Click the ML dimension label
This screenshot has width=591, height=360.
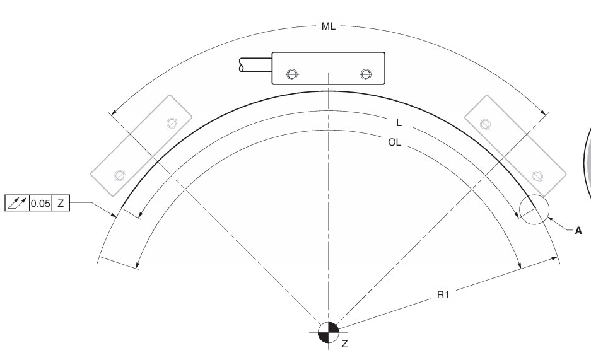[x=328, y=26]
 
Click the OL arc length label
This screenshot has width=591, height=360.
[x=395, y=142]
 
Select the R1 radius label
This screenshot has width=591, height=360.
[x=443, y=294]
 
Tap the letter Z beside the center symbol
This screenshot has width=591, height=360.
[x=344, y=344]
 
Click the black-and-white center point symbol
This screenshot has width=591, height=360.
[x=328, y=332]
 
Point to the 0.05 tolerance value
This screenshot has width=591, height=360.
[x=40, y=204]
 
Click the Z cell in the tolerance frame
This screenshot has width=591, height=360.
[x=61, y=204]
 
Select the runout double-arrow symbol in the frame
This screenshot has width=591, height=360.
[x=17, y=203]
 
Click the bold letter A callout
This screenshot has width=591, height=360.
[x=578, y=231]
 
